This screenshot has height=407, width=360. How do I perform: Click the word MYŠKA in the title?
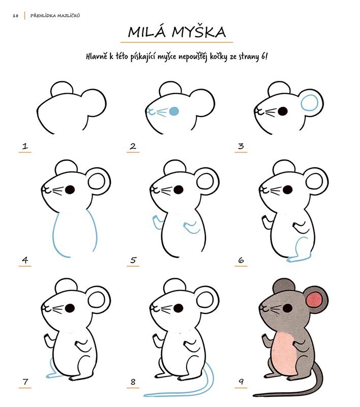[x=199, y=32]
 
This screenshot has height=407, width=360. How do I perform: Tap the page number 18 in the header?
[x=16, y=16]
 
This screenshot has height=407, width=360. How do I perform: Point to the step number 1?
[x=25, y=146]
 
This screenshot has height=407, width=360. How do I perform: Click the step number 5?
[x=133, y=260]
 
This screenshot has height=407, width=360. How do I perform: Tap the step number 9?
[x=241, y=382]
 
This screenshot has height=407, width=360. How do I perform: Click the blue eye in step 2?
[x=174, y=111]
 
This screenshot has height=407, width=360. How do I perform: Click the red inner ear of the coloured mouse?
[x=314, y=300]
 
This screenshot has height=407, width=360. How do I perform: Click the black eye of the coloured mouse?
[x=287, y=308]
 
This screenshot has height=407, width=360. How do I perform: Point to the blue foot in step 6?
[x=299, y=259]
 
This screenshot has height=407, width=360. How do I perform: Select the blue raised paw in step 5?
[x=157, y=222]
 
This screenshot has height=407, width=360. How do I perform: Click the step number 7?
[x=25, y=382]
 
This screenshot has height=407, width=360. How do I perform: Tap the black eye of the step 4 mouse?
[x=70, y=190]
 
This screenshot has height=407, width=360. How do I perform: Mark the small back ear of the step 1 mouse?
[x=62, y=88]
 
